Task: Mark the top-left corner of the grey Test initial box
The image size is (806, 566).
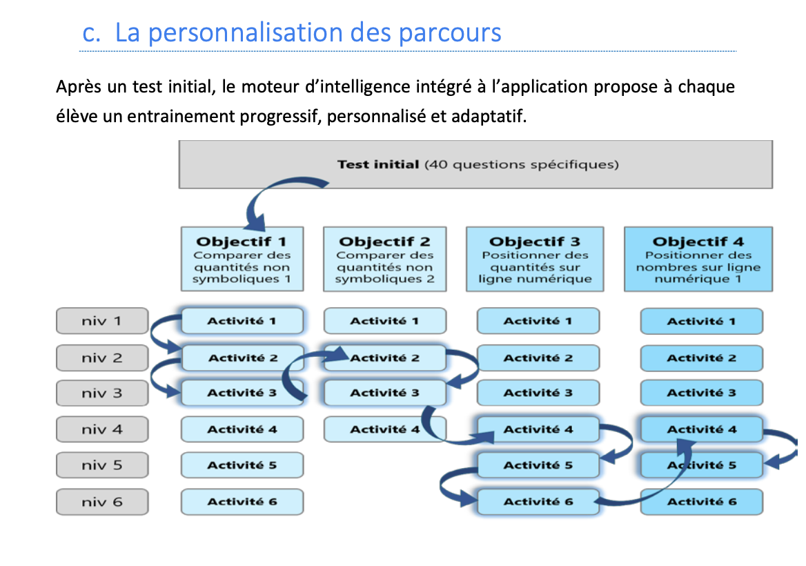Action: coord(179,141)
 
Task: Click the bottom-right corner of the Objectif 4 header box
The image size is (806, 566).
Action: coord(773,291)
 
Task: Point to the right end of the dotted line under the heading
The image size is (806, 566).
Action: coord(736,51)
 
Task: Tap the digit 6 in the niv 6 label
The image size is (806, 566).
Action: coord(117,502)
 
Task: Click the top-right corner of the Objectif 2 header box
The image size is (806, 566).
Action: coord(446,227)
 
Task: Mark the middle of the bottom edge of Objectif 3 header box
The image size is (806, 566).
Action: coord(535,291)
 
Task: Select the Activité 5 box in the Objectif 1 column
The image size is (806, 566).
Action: coord(242,465)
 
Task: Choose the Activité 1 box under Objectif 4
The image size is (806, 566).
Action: coord(702,321)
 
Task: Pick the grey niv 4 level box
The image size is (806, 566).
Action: coord(102,429)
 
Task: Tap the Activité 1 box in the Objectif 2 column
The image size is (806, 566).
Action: coord(385,321)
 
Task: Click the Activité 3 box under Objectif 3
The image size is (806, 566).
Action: coord(538,393)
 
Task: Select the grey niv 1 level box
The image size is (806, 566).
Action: coord(102,321)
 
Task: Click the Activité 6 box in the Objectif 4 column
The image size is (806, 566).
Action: coord(702,502)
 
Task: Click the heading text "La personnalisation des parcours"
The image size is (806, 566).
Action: coord(308,32)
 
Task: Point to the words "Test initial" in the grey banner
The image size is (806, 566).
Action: coord(378,164)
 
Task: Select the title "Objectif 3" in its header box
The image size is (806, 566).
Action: coord(535,242)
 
